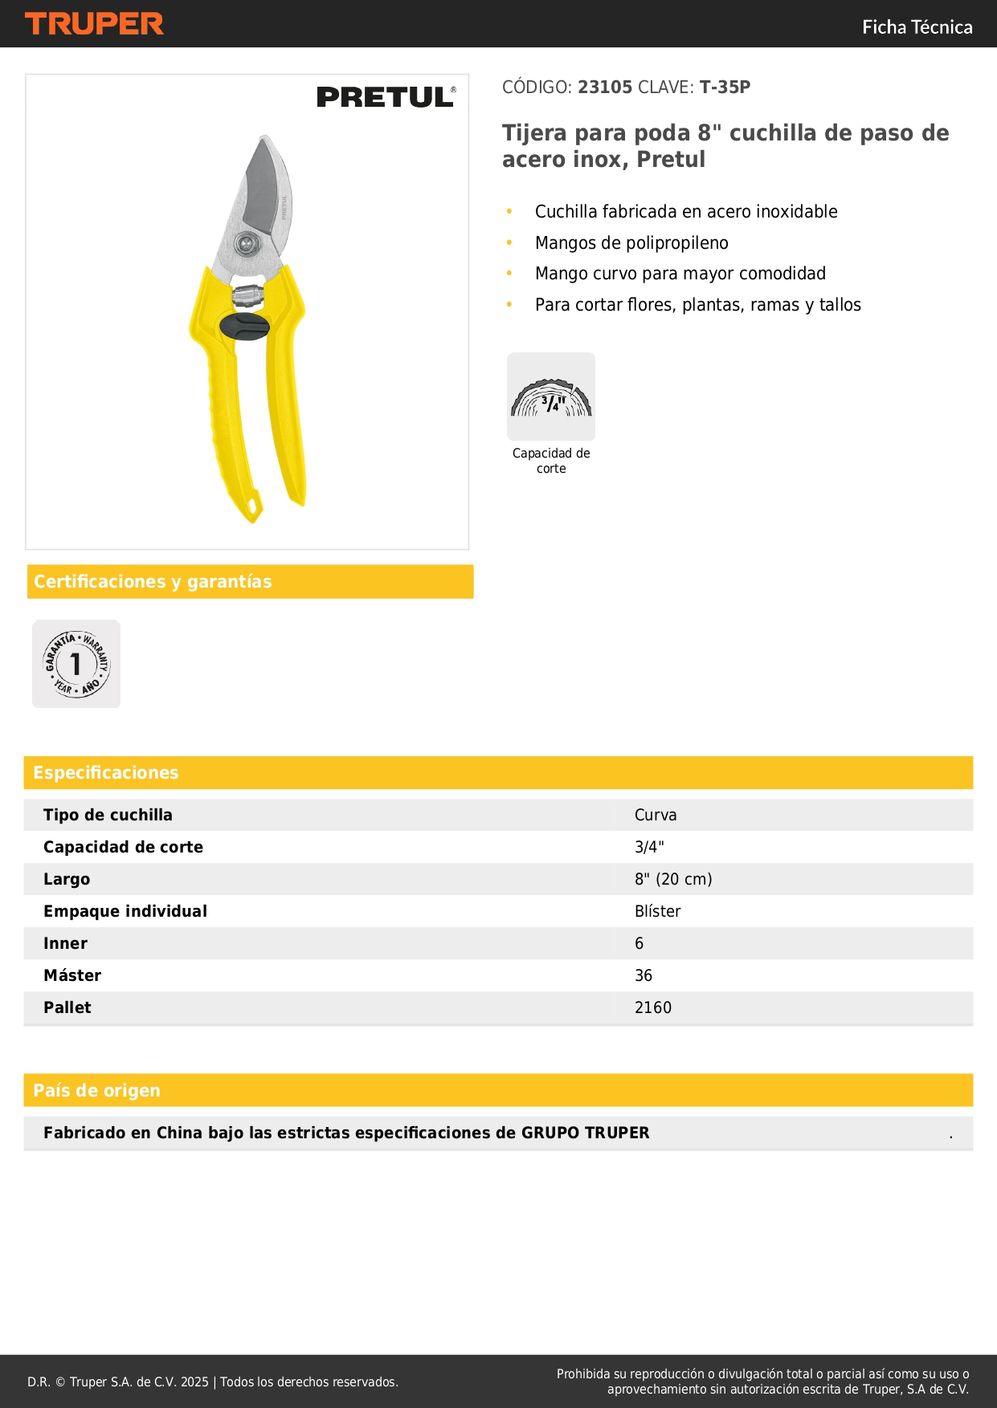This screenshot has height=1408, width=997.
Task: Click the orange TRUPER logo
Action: pyautogui.click(x=94, y=24)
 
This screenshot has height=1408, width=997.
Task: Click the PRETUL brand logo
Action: pyautogui.click(x=386, y=97)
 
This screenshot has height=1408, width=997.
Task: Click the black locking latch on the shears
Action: pyautogui.click(x=244, y=327)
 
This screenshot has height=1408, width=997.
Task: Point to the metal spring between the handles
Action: pyautogui.click(x=248, y=294)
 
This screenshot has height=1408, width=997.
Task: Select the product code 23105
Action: pyautogui.click(x=605, y=87)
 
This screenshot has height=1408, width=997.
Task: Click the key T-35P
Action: pyautogui.click(x=725, y=87)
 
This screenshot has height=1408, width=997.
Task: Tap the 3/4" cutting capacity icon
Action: pyautogui.click(x=551, y=397)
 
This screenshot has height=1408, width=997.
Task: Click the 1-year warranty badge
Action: pyautogui.click(x=76, y=664)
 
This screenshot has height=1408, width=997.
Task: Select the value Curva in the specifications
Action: pyautogui.click(x=656, y=815)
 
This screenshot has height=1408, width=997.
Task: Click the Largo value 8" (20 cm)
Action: pyautogui.click(x=673, y=879)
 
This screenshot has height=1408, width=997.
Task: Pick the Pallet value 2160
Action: pyautogui.click(x=652, y=1007)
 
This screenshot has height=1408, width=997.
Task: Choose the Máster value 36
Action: pyautogui.click(x=644, y=975)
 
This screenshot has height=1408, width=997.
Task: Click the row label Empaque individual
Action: pyautogui.click(x=125, y=911)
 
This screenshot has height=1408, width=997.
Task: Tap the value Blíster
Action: pyautogui.click(x=657, y=911)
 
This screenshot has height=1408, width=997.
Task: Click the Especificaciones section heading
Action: pyautogui.click(x=106, y=772)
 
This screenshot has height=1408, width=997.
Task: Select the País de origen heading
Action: pyautogui.click(x=97, y=1090)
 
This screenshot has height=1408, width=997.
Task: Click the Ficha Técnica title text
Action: pyautogui.click(x=917, y=27)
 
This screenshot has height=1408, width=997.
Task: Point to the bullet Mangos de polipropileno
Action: pyautogui.click(x=631, y=243)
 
